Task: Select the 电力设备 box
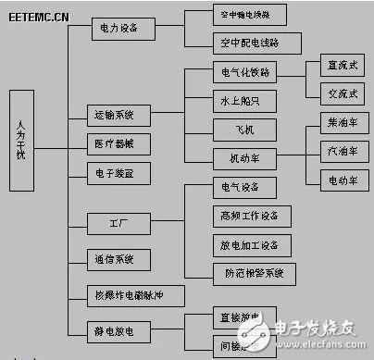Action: [x=118, y=29]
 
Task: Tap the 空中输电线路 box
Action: [x=237, y=16]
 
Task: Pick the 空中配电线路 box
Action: [x=237, y=43]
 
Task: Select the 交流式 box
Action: [x=332, y=93]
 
